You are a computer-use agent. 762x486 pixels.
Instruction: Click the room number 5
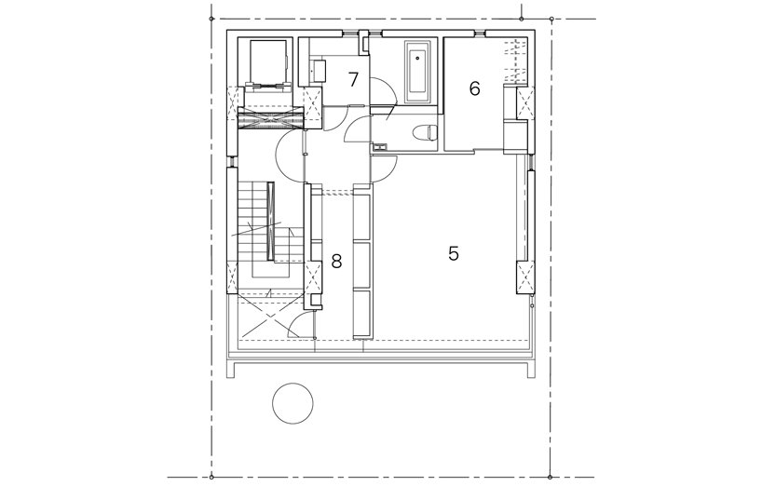454,253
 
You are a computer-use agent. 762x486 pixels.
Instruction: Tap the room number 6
475,88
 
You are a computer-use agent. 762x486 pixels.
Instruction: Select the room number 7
353,79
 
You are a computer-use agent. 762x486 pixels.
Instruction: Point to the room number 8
336,262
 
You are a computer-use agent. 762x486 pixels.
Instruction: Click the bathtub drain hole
417,59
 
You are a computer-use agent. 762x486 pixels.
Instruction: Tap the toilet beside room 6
425,132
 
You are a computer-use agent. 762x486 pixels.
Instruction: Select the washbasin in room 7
319,71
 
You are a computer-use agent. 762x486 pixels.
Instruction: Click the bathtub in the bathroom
417,73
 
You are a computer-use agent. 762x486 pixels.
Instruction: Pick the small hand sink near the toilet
379,146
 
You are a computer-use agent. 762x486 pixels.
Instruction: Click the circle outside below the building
293,403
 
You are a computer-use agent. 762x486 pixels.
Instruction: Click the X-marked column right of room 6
524,102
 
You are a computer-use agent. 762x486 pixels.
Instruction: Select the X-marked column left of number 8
313,277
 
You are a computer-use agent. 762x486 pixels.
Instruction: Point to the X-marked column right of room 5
524,277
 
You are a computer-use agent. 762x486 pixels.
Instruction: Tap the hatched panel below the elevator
270,118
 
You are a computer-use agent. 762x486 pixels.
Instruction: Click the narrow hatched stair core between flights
271,221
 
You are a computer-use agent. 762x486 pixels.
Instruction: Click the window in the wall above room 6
480,33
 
